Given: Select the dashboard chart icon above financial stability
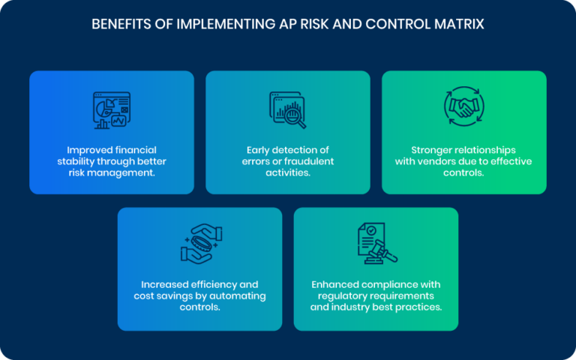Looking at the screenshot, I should point(111,109).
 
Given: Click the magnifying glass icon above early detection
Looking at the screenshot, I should point(287,109).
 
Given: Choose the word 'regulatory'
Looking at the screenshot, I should point(335,296).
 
